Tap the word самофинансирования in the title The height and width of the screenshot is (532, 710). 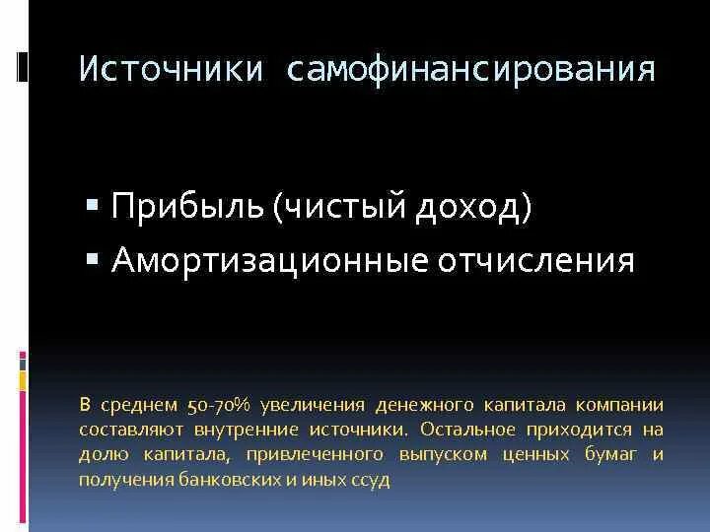(x=471, y=70)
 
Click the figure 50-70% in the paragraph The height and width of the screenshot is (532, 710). (x=218, y=405)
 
